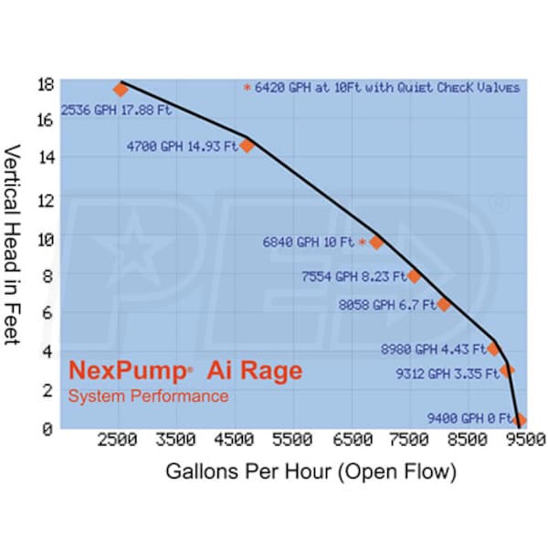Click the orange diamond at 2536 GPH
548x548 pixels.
121,90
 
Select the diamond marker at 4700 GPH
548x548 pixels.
247,145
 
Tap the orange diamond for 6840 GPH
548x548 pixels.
375,242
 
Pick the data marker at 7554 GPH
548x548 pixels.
414,276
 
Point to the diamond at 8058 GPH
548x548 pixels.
444,304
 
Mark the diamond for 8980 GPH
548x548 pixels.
494,348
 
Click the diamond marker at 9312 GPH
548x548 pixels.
507,371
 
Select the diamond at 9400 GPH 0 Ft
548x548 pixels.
520,420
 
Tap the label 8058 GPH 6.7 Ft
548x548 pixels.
385,305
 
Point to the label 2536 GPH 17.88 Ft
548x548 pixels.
115,111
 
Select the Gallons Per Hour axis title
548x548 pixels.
310,472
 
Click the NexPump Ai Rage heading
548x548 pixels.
185,372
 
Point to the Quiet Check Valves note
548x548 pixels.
384,88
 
